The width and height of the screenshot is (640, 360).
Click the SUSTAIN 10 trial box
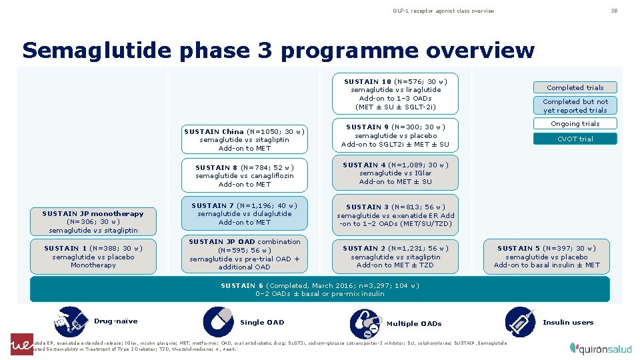tap(396, 94)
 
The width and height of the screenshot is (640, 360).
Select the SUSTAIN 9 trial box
tap(396, 135)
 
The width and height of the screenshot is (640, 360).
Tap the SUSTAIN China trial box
tap(245, 139)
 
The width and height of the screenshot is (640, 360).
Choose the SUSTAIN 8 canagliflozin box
tap(245, 175)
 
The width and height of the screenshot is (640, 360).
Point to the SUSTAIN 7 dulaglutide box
tap(245, 213)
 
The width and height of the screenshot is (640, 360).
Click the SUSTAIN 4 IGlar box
tap(396, 173)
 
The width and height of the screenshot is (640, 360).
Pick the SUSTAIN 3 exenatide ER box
tap(396, 215)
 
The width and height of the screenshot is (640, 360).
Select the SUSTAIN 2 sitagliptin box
tap(396, 257)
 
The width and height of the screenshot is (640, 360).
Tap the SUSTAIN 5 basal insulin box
tap(547, 257)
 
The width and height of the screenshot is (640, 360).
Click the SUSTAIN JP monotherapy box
tap(93, 221)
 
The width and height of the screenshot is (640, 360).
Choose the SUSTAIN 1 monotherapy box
tap(93, 257)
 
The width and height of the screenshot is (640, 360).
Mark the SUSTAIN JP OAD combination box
tap(245, 254)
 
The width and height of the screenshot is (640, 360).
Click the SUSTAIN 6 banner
tap(320, 289)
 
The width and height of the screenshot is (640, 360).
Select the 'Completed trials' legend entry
tap(575, 87)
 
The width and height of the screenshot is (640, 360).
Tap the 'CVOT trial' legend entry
tap(575, 139)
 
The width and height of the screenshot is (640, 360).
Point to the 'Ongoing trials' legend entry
tap(575, 123)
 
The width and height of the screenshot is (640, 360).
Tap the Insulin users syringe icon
tap(519, 322)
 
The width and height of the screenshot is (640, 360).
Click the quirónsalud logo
tap(598, 347)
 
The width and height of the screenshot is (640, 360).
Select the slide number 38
tap(614, 11)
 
